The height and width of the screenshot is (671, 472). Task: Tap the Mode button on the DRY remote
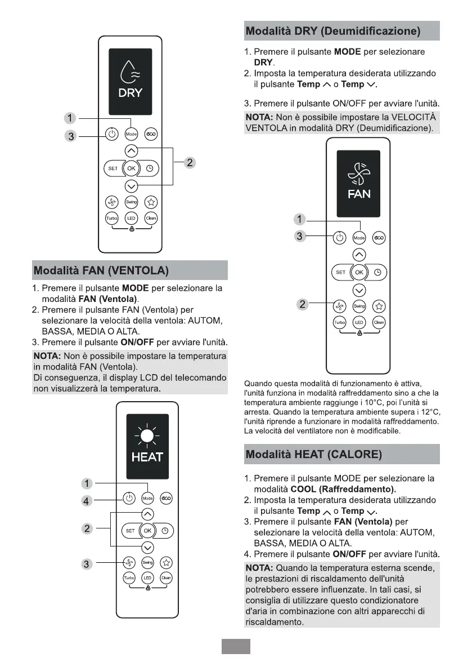tap(131, 134)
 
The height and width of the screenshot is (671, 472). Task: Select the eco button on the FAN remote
tap(379, 238)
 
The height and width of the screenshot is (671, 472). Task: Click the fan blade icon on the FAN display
tap(359, 174)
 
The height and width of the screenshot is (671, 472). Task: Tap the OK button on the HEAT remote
tap(147, 531)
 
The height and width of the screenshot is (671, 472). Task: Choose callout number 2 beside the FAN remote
tap(303, 305)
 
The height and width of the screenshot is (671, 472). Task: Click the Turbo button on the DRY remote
tap(111, 218)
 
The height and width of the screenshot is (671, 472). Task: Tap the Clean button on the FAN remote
tap(379, 323)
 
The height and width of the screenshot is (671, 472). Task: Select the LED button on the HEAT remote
tap(147, 578)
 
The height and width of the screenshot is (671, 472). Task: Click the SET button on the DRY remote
tap(113, 168)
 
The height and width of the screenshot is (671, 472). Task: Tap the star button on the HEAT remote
tap(167, 562)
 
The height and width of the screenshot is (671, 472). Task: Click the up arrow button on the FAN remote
tap(359, 255)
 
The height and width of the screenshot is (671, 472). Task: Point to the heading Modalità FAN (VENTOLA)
tap(101, 270)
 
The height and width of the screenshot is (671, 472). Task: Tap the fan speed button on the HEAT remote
tap(129, 562)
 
